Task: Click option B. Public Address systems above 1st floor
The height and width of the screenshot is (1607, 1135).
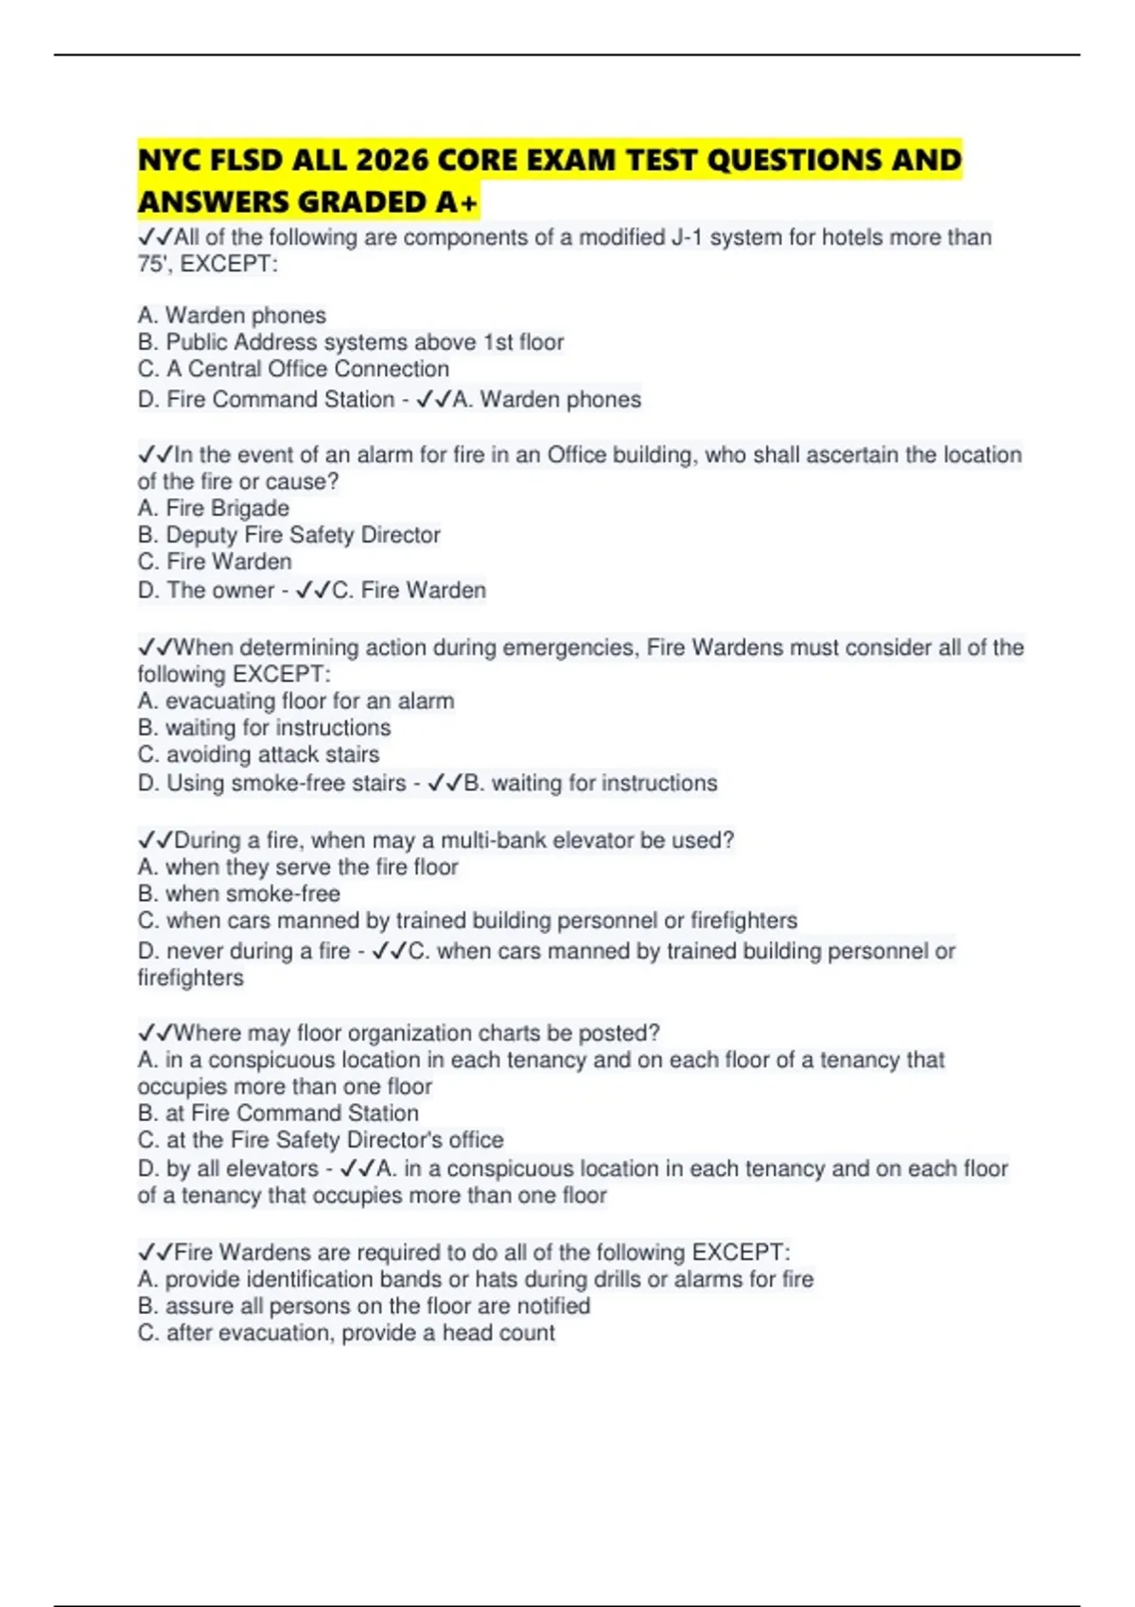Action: [x=350, y=342]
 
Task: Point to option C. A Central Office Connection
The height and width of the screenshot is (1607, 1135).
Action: [x=293, y=369]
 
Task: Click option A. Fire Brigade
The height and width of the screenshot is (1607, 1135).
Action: [x=214, y=509]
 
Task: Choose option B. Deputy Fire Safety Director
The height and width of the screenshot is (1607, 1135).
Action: [x=288, y=535]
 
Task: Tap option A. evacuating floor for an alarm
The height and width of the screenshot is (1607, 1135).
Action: [x=295, y=701]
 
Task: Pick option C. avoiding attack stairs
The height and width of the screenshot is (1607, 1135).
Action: [x=258, y=754]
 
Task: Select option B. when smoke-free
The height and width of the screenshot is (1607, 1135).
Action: [x=238, y=894]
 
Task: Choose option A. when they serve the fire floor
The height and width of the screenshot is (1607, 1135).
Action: [x=297, y=867]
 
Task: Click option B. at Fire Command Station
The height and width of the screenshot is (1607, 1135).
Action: [x=278, y=1114]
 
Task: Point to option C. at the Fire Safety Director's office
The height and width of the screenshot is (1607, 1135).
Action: [x=320, y=1140]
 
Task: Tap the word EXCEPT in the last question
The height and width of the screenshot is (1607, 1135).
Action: [x=738, y=1253]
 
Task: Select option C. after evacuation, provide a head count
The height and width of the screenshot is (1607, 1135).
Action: [x=346, y=1333]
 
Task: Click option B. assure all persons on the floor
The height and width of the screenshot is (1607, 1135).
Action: [x=363, y=1306]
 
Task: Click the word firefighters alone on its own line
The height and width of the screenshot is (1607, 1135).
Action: [x=190, y=977]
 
